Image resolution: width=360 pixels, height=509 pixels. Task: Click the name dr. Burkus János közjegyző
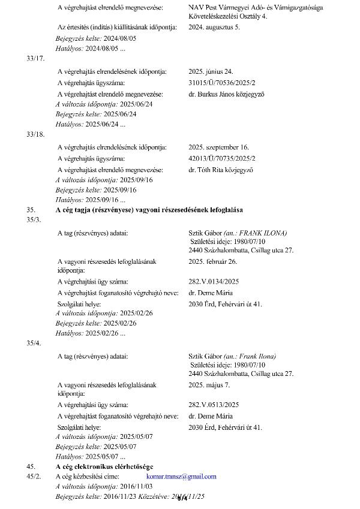click(226, 94)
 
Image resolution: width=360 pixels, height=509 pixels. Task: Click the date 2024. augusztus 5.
click(214, 28)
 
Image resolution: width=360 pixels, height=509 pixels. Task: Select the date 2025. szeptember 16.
click(218, 147)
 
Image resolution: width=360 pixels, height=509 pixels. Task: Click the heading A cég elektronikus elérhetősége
click(104, 466)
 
